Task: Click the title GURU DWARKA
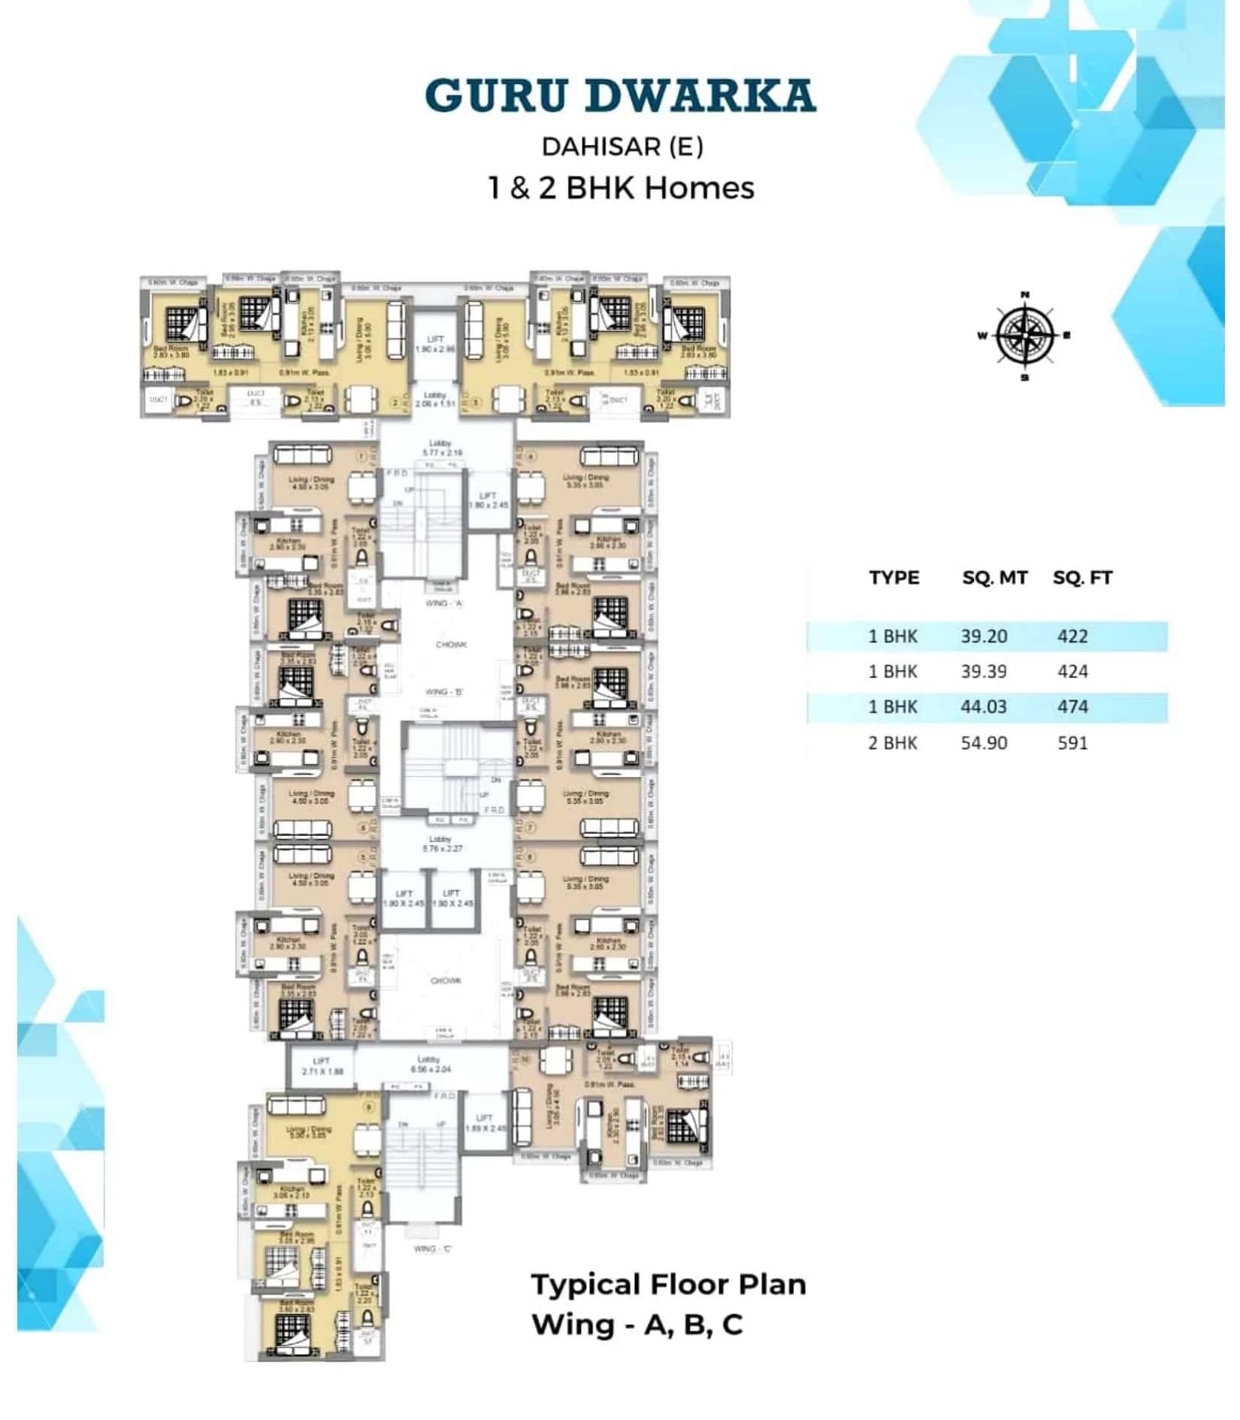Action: [620, 95]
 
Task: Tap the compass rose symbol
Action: [1024, 336]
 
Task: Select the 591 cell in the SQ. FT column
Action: [1072, 743]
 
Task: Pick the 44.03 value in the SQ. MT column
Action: [984, 707]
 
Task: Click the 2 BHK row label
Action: [893, 743]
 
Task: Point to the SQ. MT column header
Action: [994, 578]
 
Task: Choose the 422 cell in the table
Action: [1072, 636]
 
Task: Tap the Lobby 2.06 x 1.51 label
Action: [435, 399]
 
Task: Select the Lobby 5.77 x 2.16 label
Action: [443, 449]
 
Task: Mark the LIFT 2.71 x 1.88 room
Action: [322, 1066]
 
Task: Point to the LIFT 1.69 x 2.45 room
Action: [485, 1122]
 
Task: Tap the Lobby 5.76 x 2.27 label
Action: [443, 844]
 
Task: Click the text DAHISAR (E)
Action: [622, 147]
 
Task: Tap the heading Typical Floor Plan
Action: [668, 1285]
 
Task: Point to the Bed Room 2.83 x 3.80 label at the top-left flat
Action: [172, 352]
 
